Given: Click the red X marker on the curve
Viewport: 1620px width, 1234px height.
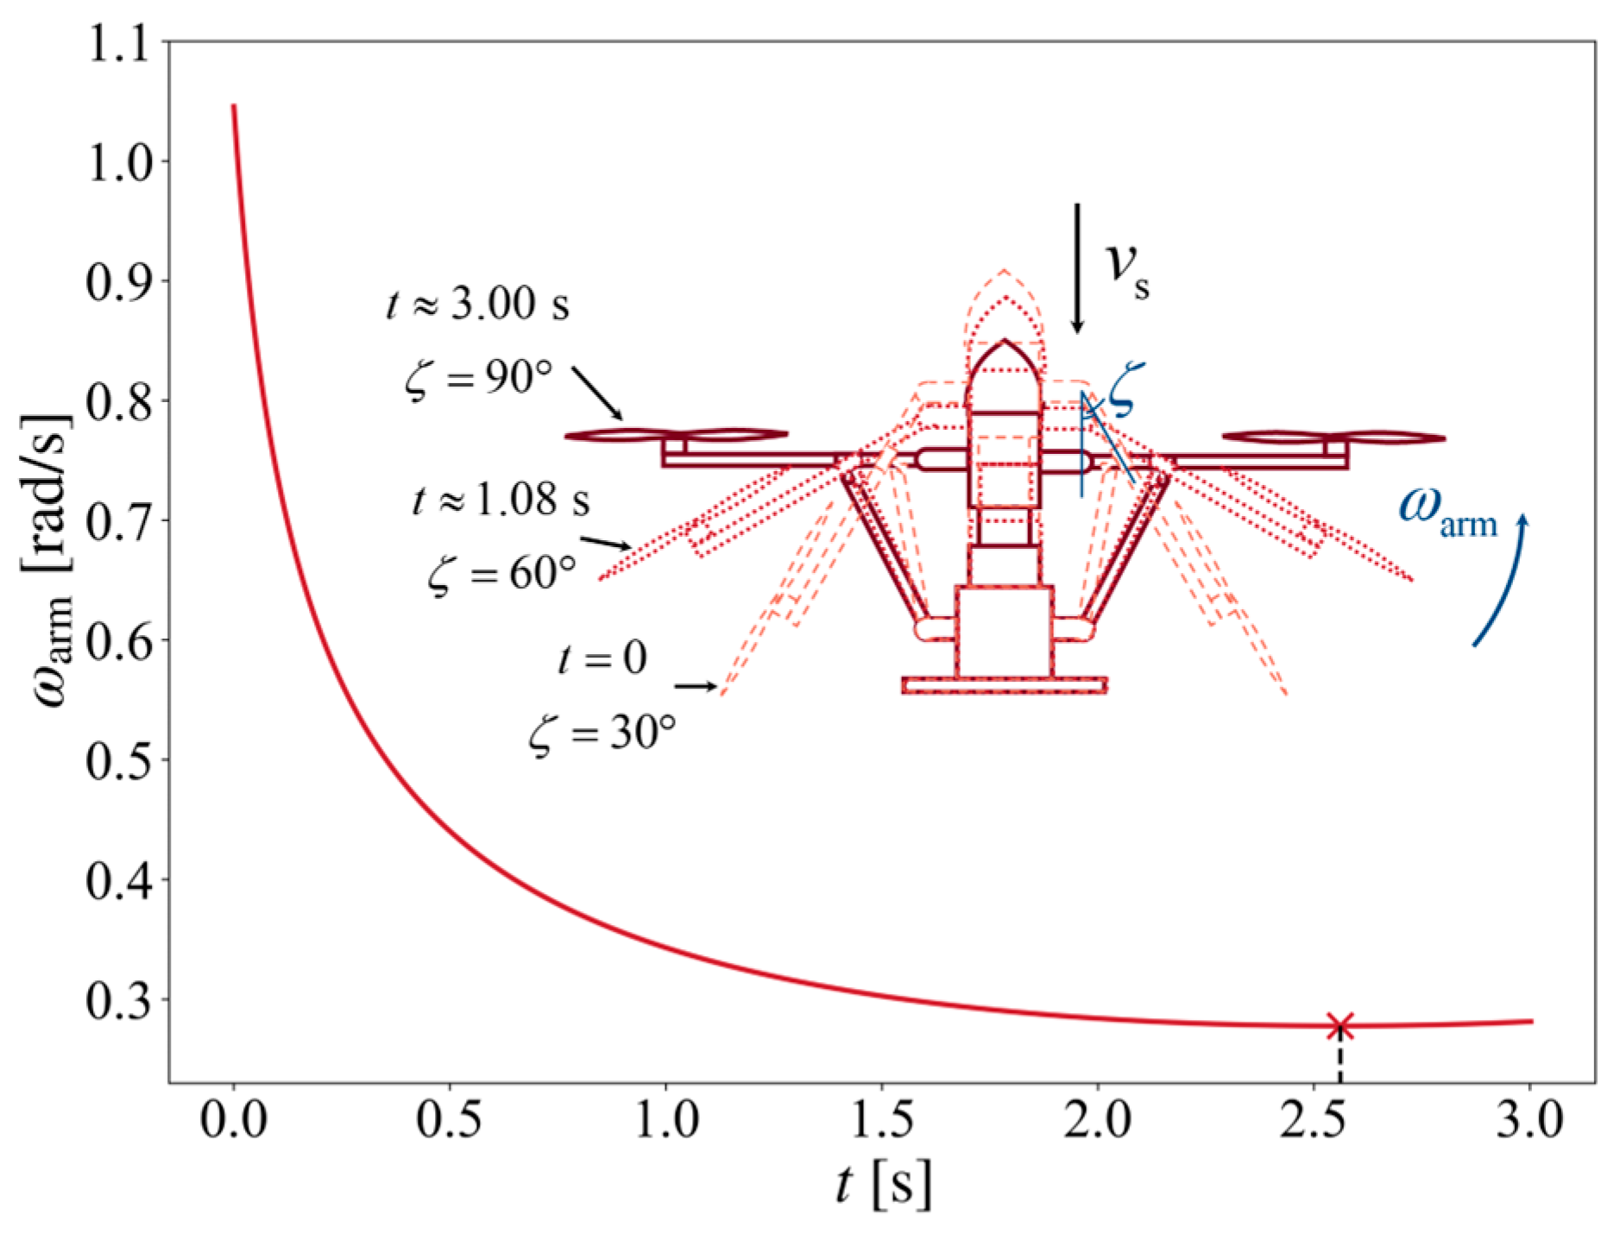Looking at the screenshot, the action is (1339, 1026).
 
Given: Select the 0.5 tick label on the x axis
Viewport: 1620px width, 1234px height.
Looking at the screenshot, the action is (449, 1120).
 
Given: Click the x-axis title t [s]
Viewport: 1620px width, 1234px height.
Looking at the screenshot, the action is (884, 1184).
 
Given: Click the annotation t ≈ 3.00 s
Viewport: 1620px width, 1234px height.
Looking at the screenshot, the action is (477, 304).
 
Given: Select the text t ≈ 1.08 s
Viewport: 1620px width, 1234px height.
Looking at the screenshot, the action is (501, 500).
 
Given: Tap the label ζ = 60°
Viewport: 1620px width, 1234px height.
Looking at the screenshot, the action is (502, 573).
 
